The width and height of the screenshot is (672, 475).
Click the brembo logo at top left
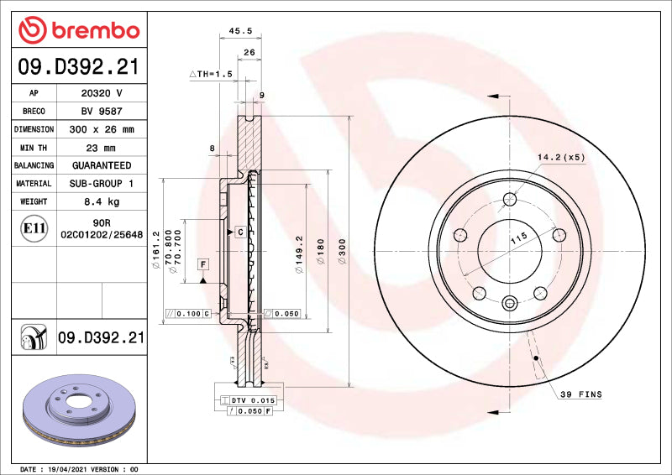click(x=79, y=30)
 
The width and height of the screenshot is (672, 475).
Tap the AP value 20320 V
click(x=101, y=93)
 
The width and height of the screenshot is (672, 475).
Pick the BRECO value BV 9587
click(x=101, y=111)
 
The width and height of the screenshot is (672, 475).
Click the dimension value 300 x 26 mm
click(x=101, y=129)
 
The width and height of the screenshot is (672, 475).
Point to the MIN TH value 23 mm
click(x=101, y=148)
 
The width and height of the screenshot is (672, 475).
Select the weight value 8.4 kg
click(x=101, y=201)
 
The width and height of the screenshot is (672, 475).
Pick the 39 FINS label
click(x=582, y=394)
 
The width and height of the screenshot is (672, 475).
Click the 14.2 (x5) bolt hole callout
click(x=561, y=156)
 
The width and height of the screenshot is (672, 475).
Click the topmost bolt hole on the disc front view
click(x=510, y=199)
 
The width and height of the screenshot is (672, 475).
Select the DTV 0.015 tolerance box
click(x=252, y=401)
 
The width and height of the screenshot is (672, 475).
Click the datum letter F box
click(x=203, y=264)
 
